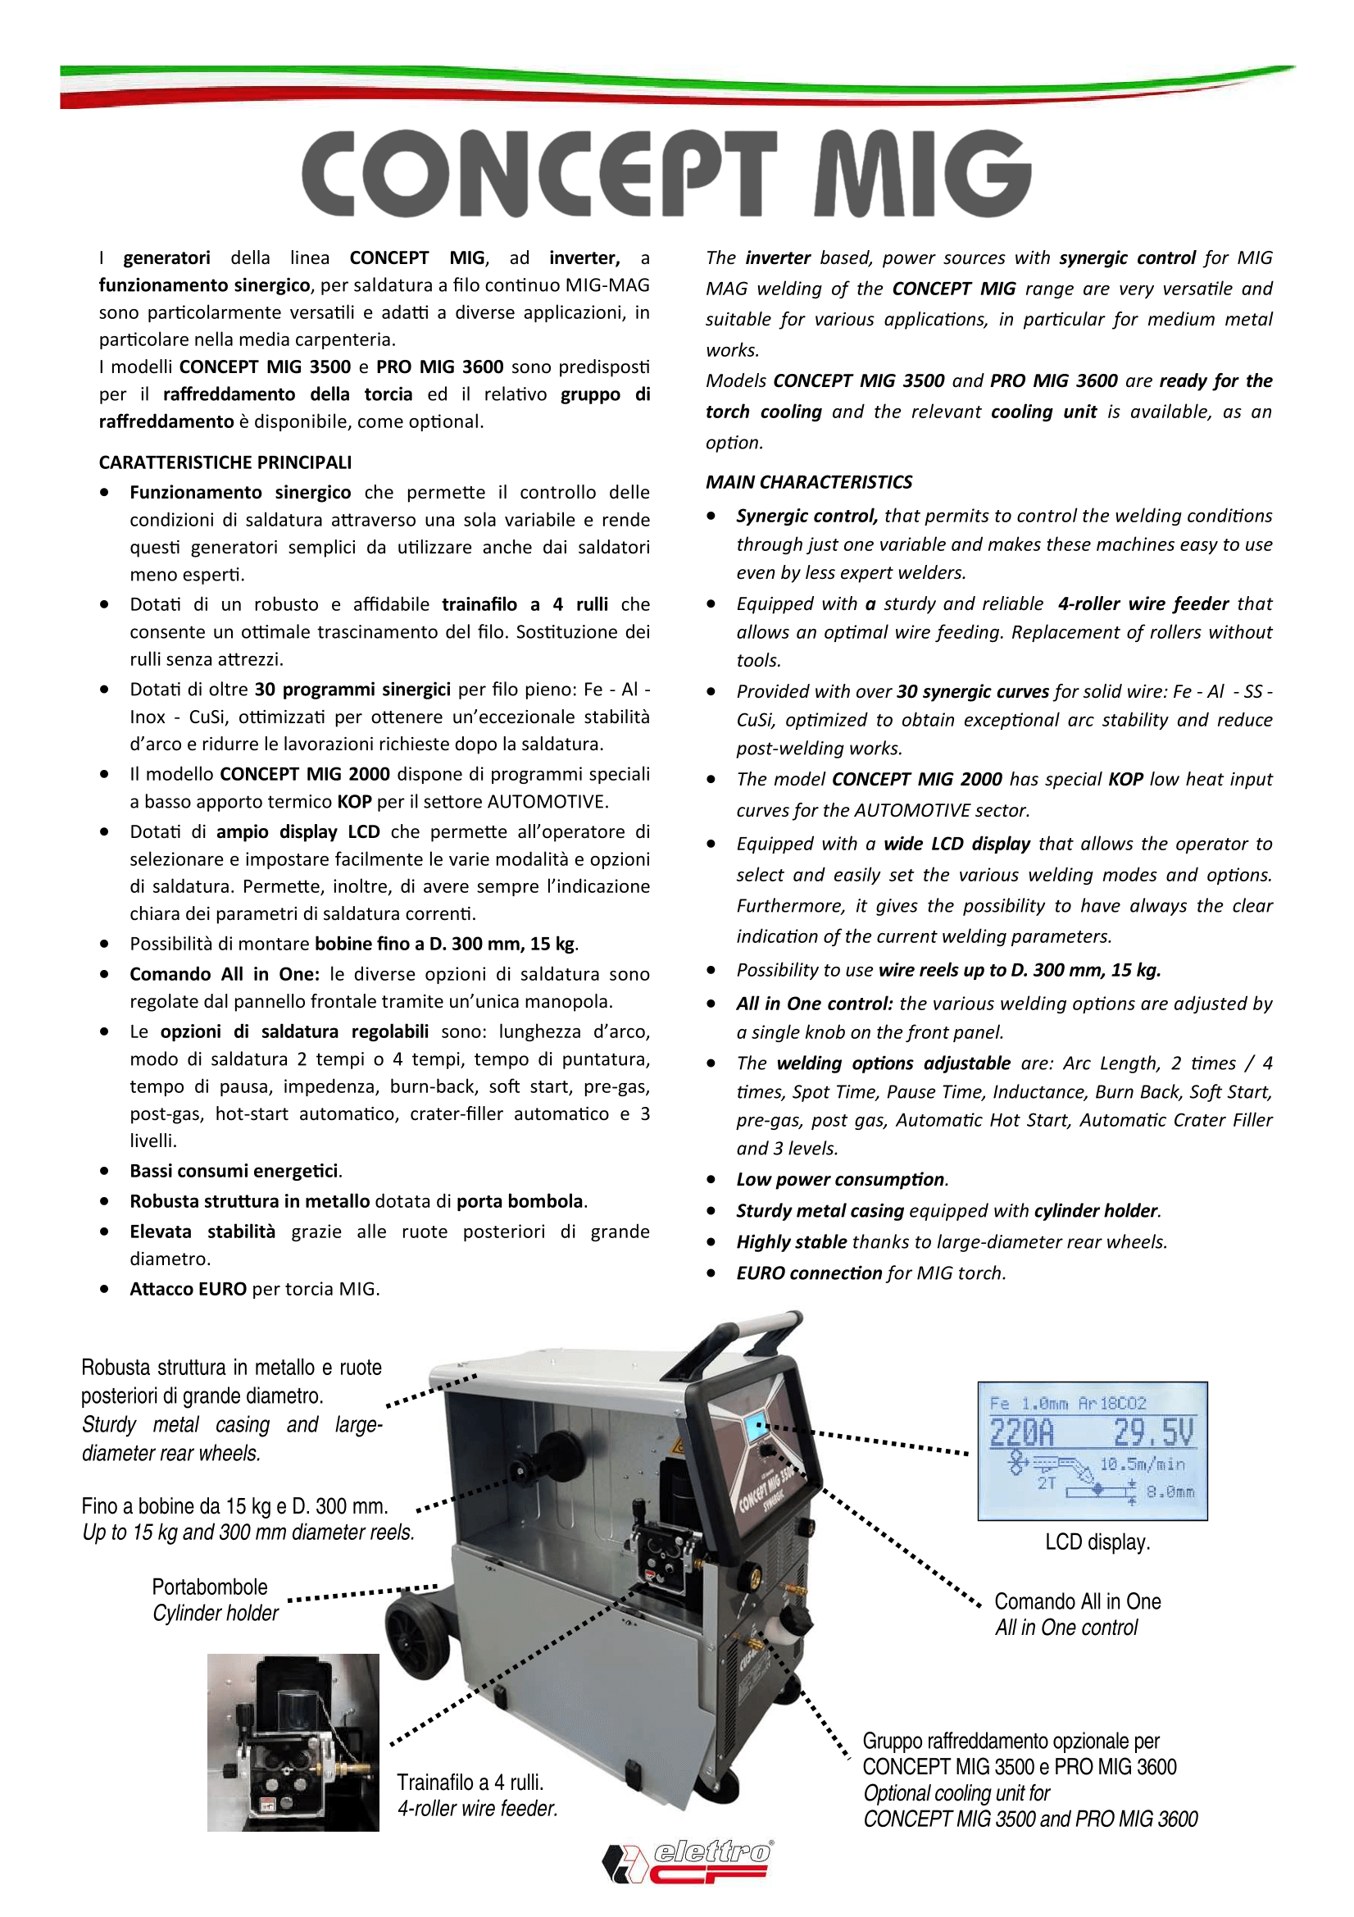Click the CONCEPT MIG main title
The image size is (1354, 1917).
click(x=666, y=174)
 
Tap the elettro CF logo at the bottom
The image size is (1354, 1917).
click(x=687, y=1861)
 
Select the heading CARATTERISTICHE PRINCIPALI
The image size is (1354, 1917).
click(x=225, y=462)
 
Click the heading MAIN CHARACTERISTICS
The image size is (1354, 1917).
click(x=808, y=482)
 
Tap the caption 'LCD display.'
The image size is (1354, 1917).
click(x=1097, y=1541)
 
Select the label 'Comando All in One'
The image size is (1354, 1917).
click(x=1077, y=1601)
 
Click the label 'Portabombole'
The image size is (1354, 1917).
click(x=210, y=1587)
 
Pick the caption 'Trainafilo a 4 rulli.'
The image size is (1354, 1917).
click(x=470, y=1782)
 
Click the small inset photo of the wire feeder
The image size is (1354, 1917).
click(x=293, y=1742)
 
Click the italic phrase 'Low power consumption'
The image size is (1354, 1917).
click(x=840, y=1179)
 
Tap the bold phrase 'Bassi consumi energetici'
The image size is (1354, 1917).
click(x=234, y=1171)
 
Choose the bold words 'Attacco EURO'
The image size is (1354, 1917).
click(x=188, y=1288)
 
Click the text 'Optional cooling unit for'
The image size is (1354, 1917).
click(x=956, y=1792)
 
